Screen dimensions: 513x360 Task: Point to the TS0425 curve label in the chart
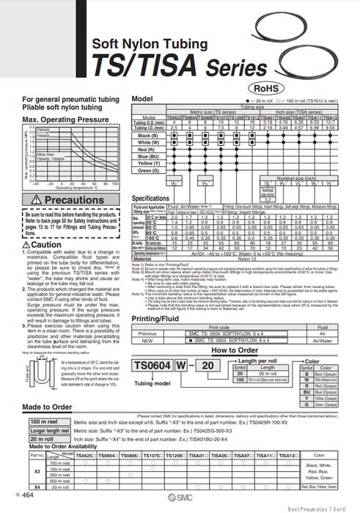point(43,130)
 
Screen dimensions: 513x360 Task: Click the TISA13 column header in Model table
point(333,117)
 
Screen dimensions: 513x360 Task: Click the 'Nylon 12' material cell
point(240,259)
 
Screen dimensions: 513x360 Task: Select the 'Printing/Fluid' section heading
point(161,318)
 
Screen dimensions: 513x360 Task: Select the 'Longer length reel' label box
point(48,432)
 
